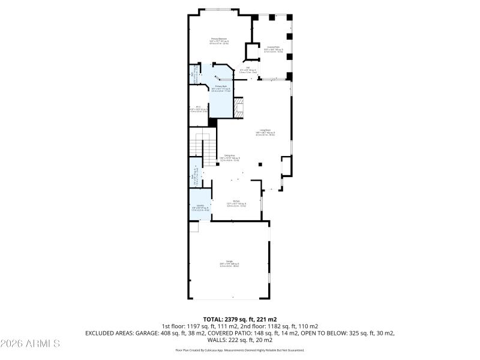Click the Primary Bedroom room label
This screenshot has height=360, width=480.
coord(218,40)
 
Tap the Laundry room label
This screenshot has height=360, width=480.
coord(200,207)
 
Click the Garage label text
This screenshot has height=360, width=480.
coord(229,263)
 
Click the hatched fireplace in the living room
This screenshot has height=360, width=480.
coord(239,109)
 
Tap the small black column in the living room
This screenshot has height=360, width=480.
coord(260,164)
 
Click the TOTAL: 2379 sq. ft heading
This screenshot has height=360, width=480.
coord(239,319)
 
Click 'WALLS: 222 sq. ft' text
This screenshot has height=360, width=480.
coord(239,340)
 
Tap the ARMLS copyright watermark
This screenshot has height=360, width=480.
coord(30,344)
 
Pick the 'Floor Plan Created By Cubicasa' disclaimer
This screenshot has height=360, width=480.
coord(239,350)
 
